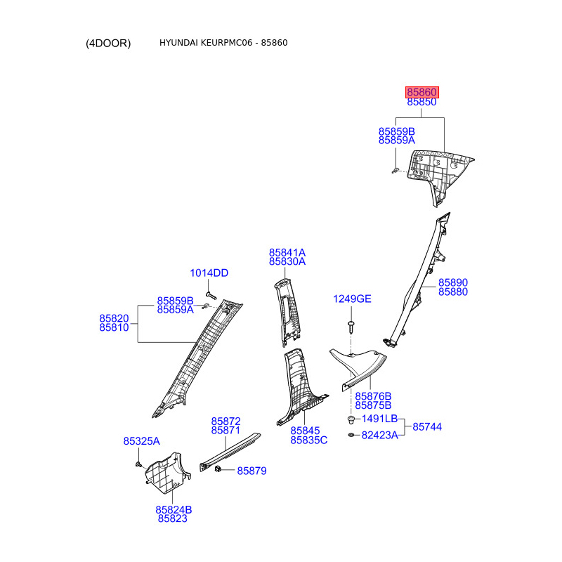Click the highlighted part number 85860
pyautogui.click(x=422, y=92)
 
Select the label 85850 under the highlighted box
pyautogui.click(x=422, y=102)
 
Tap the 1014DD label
pyautogui.click(x=209, y=273)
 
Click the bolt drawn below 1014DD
pyautogui.click(x=209, y=289)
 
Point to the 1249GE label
pyautogui.click(x=352, y=299)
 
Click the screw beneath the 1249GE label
pyautogui.click(x=351, y=326)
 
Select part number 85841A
pyautogui.click(x=287, y=252)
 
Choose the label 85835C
pyautogui.click(x=309, y=440)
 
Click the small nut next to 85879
pyautogui.click(x=219, y=469)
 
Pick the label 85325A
pyautogui.click(x=142, y=441)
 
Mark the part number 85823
pyautogui.click(x=172, y=518)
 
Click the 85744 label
pyautogui.click(x=428, y=426)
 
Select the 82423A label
pyautogui.click(x=380, y=436)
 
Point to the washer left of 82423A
pyautogui.click(x=351, y=436)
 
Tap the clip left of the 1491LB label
pyautogui.click(x=351, y=419)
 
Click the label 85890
pyautogui.click(x=453, y=282)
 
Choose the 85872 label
pyautogui.click(x=226, y=421)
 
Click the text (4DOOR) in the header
pyautogui.click(x=108, y=43)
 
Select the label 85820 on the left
pyautogui.click(x=114, y=318)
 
